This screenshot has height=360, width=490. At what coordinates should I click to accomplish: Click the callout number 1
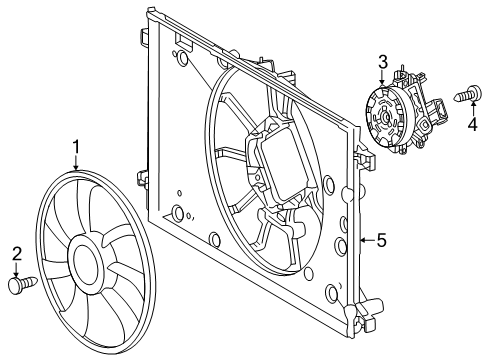tap(76, 149)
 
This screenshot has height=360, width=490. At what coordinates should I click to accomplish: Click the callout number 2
tap(17, 253)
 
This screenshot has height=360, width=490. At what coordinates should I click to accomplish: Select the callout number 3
tap(382, 63)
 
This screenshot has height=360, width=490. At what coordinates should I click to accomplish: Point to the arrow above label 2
tap(17, 269)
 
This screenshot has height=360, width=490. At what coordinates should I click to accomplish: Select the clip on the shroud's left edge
tap(142, 180)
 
